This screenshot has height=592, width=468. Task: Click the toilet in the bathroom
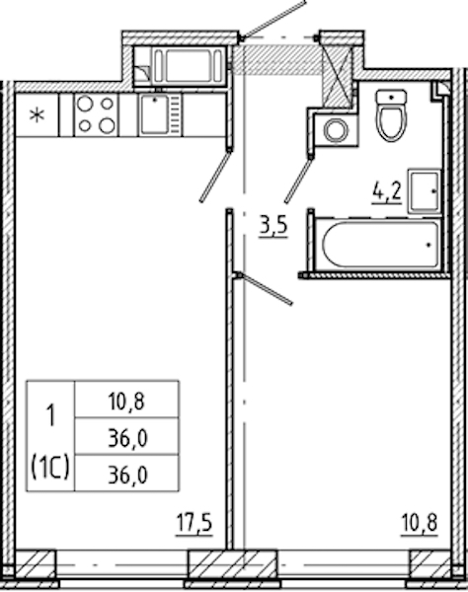tap(391, 115)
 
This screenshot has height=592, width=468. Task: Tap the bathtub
tap(380, 245)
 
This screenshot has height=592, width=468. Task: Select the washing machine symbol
tap(336, 129)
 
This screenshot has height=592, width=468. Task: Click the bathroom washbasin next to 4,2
tap(425, 191)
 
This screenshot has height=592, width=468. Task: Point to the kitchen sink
tap(160, 114)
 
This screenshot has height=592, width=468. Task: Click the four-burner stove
tap(96, 114)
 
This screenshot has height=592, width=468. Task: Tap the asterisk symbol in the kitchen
tap(37, 114)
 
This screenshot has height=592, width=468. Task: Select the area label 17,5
tap(195, 523)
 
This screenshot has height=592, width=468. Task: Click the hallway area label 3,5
tap(273, 227)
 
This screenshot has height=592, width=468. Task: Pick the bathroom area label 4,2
tap(387, 192)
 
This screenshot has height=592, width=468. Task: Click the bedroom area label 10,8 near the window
tap(420, 523)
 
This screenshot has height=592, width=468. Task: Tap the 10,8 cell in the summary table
tap(126, 401)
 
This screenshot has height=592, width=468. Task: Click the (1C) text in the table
tap(50, 468)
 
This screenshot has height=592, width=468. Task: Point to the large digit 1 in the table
tap(49, 415)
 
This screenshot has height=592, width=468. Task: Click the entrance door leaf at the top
tap(273, 20)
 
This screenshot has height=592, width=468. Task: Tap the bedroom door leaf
tap(265, 288)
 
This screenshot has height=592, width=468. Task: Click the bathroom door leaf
tap(298, 180)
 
